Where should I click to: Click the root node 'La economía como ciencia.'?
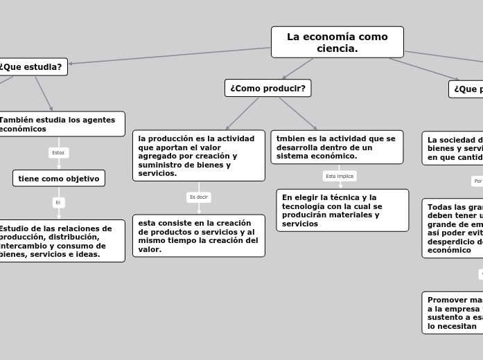337,42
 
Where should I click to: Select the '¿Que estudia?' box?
32,67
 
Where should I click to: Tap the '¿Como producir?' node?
267,88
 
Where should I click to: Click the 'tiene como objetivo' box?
59,179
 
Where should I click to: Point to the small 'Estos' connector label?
58,152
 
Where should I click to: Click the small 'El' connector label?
58,202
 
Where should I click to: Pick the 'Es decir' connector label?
198,197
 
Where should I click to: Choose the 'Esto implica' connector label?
340,177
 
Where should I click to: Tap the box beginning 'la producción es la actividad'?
198,156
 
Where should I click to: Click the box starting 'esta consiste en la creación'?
198,236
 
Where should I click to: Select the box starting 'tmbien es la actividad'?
336,147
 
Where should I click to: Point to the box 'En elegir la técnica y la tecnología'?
342,210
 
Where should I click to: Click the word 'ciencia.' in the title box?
337,48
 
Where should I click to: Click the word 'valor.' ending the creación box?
150,249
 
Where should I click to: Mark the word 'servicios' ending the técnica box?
299,224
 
